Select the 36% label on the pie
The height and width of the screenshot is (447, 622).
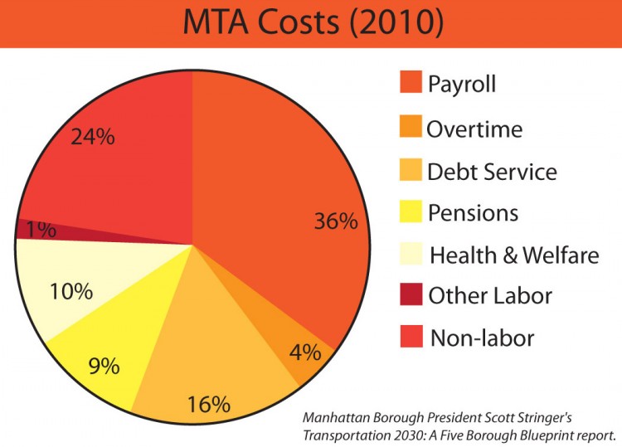[x=336, y=221]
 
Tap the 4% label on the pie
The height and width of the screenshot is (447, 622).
[x=305, y=352]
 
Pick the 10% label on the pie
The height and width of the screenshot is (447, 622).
[x=70, y=291]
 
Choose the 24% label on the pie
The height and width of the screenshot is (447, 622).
[x=92, y=137]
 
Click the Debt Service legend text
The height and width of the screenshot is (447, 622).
[x=492, y=172]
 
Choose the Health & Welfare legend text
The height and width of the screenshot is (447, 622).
[x=513, y=255]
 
